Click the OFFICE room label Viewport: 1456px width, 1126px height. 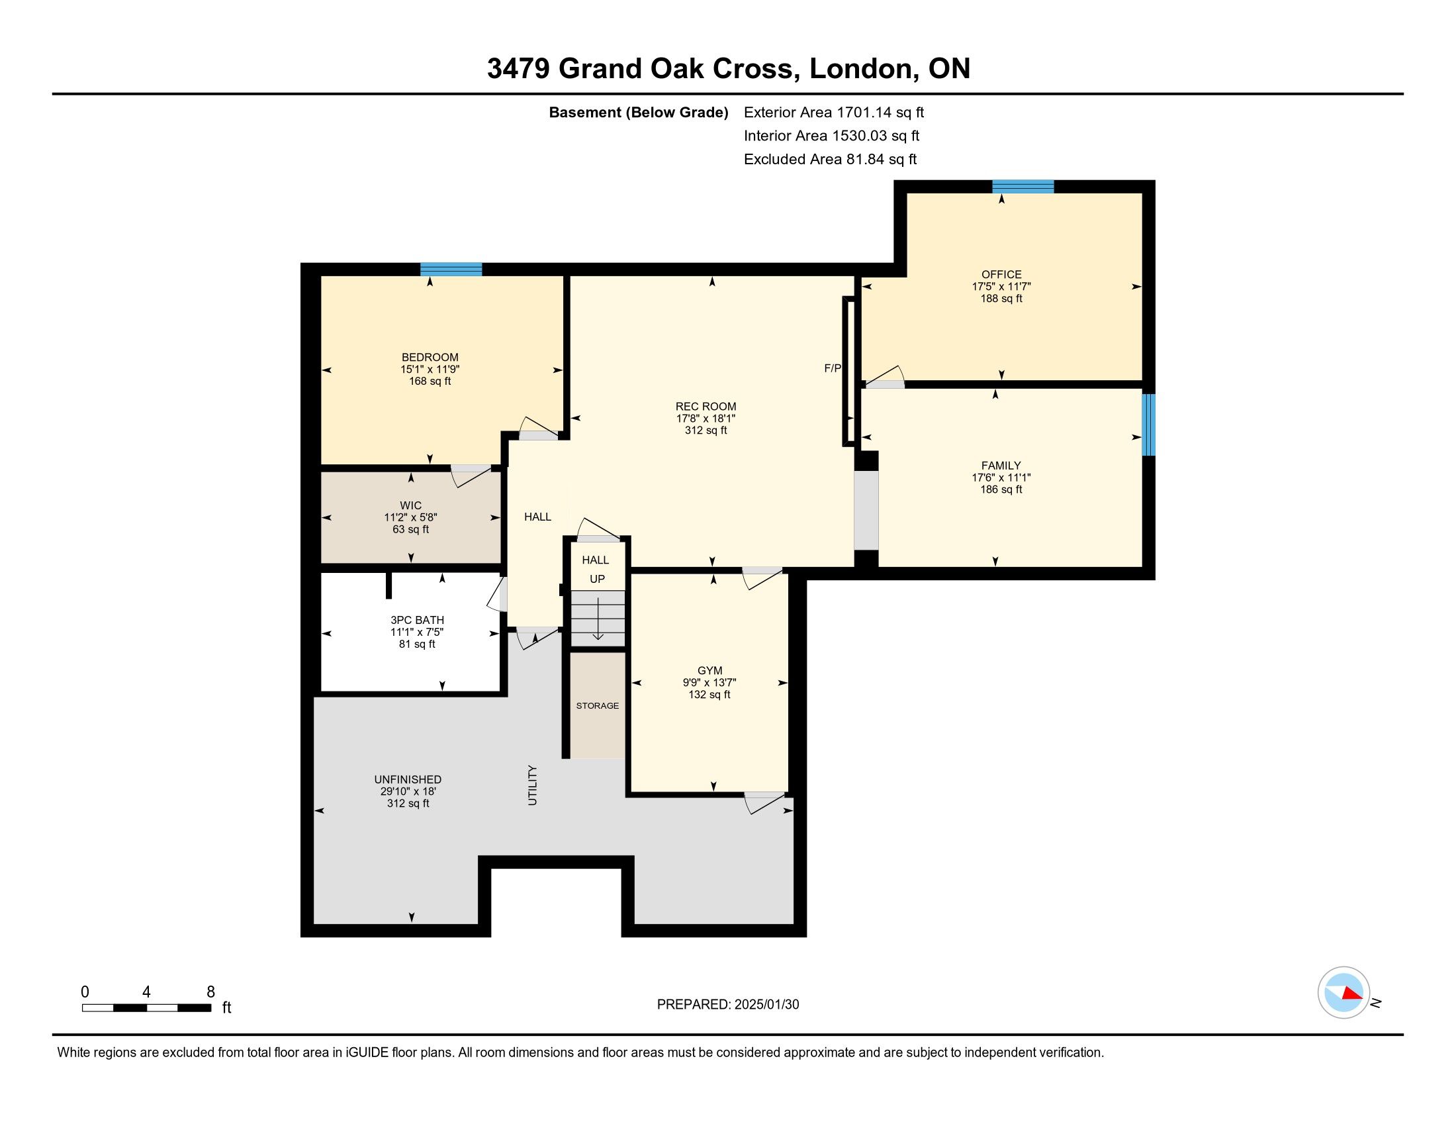[1001, 274]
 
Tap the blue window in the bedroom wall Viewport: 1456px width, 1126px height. [451, 270]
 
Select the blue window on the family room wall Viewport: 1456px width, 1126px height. [1149, 425]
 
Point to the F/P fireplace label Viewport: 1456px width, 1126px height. [833, 368]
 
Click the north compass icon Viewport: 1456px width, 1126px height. [1344, 992]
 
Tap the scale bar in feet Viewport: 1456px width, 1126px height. [147, 1007]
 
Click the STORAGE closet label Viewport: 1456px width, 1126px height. [598, 706]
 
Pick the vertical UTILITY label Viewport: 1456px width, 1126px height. [532, 785]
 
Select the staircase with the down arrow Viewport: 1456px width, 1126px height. [598, 619]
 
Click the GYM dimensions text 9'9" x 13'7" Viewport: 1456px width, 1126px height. [709, 682]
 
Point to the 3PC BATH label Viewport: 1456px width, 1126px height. [418, 621]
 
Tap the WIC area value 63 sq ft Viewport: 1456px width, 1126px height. [411, 530]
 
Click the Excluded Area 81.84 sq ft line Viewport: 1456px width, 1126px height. [831, 160]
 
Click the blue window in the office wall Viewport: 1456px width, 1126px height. [1023, 187]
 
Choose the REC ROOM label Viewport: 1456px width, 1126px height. [706, 406]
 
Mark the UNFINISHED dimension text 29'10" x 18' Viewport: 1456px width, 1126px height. [408, 792]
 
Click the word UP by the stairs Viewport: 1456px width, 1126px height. [598, 579]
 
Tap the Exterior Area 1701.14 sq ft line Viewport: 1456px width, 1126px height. [834, 113]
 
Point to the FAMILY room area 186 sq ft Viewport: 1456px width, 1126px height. [1001, 489]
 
